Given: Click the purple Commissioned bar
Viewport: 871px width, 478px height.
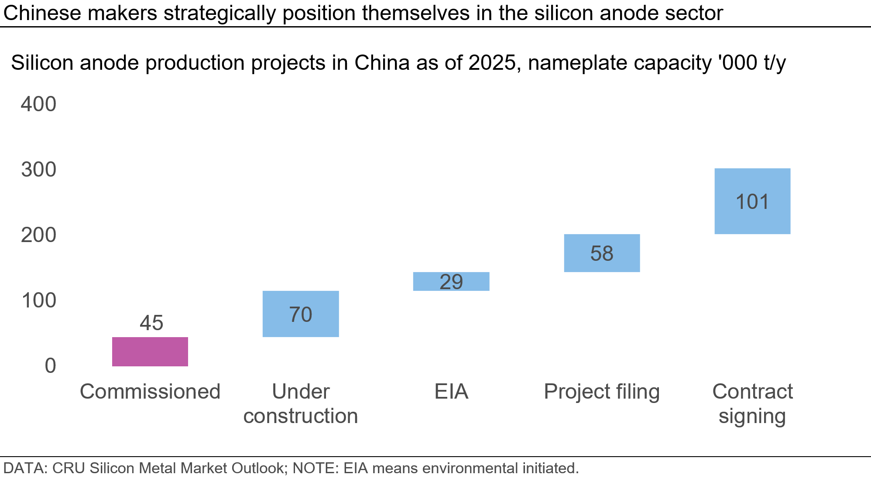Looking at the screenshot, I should (x=150, y=352).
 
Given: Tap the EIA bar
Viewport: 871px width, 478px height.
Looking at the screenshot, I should (x=451, y=281).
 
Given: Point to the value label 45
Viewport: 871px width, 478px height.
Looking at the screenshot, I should (x=151, y=323).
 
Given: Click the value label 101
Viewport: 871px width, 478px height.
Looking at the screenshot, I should (x=752, y=202).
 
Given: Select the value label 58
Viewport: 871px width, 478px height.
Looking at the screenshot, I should (x=602, y=253).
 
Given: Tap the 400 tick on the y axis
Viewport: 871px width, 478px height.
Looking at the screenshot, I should (x=39, y=105).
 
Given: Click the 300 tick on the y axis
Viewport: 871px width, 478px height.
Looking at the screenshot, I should (x=39, y=170).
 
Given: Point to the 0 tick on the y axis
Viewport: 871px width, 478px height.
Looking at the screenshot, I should (x=50, y=366).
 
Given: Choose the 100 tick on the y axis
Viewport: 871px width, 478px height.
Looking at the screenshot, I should (x=39, y=300).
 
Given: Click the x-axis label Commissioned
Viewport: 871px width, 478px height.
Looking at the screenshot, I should (x=150, y=391).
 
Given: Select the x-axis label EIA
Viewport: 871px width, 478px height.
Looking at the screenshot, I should (x=451, y=391).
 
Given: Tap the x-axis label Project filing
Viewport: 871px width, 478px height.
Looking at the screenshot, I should (x=601, y=391).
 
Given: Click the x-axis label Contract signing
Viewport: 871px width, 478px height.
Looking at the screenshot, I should (x=752, y=403).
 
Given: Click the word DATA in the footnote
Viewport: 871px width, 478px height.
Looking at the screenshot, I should (x=24, y=468).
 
